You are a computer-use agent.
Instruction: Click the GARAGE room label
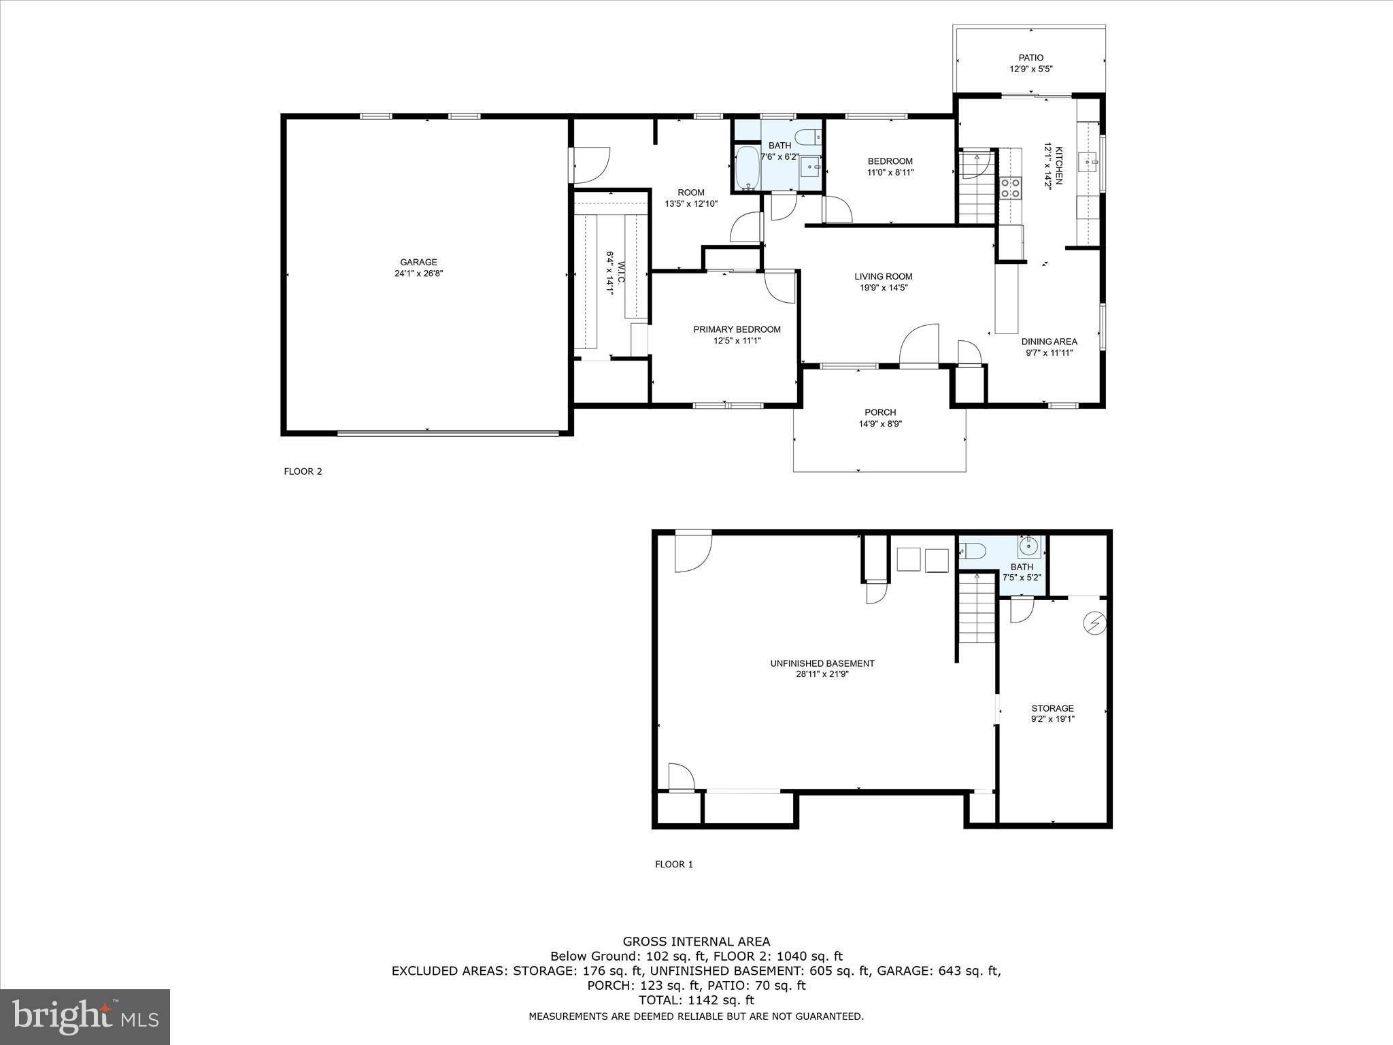418,262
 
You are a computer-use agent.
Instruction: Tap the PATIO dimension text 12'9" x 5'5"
1030,69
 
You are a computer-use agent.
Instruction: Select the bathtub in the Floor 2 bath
748,168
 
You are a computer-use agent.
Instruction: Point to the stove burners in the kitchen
1009,187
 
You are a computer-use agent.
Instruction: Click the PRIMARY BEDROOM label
737,329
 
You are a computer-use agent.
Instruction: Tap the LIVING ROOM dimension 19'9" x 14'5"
883,288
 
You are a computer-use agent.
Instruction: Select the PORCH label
880,412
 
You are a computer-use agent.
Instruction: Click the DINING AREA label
1049,342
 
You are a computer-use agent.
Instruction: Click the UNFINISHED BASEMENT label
822,663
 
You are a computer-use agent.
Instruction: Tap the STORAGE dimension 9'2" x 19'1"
1052,719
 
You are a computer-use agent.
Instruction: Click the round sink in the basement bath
1029,544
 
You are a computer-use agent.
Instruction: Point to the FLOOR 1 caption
673,865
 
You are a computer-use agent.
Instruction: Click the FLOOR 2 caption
303,471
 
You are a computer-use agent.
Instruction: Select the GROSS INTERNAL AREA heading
696,942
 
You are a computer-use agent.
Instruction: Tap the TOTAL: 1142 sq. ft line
696,1000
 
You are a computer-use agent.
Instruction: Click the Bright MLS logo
85,1016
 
